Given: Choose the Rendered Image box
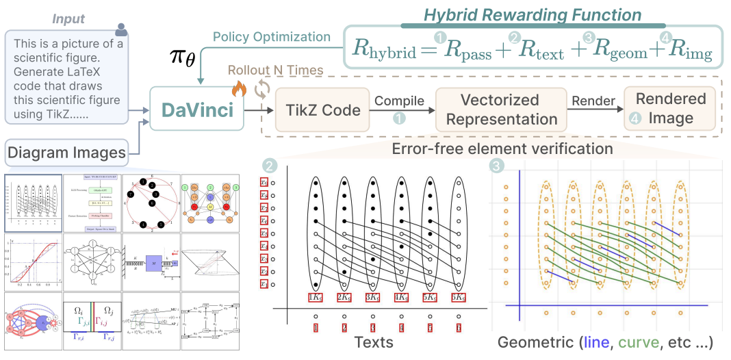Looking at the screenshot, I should click(670, 108).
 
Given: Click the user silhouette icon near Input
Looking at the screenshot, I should click(121, 29).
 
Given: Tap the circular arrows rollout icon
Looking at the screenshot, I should click(261, 89).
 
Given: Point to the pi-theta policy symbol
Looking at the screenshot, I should click(183, 58).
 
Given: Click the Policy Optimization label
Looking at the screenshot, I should click(271, 36).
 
